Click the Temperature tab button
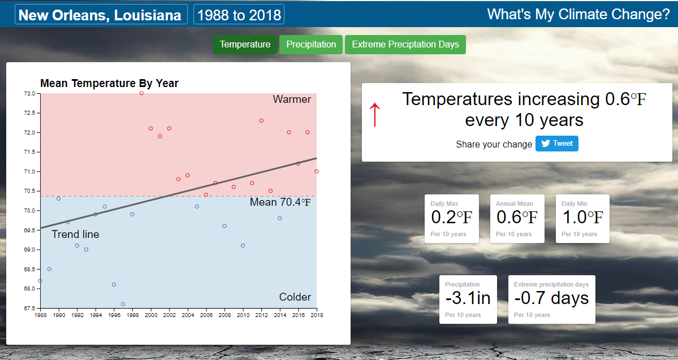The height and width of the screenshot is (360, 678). (x=245, y=45)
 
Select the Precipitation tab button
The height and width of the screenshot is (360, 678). (x=311, y=45)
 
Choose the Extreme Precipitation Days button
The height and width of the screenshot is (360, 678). (x=405, y=45)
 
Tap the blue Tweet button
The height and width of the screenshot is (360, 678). (x=556, y=144)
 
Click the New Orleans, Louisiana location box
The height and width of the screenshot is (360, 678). (x=101, y=15)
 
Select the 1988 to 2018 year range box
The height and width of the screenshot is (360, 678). (x=239, y=15)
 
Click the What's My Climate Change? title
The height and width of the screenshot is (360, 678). (x=578, y=15)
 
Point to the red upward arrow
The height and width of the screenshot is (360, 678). (x=374, y=115)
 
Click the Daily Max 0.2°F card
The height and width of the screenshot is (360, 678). (x=451, y=219)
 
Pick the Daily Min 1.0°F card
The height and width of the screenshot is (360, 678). (x=582, y=219)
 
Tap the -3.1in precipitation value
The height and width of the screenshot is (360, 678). (x=468, y=298)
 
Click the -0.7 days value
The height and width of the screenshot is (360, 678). (x=551, y=298)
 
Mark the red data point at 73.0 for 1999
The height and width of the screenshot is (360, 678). (x=141, y=93)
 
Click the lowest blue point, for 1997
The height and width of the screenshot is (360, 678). (x=123, y=304)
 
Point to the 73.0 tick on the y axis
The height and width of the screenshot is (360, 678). (x=29, y=93)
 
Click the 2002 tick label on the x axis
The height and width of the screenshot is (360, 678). (x=169, y=315)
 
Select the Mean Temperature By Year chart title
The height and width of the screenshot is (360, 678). (x=109, y=84)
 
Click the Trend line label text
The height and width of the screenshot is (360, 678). (x=75, y=235)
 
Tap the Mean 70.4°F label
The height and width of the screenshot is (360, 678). (x=280, y=202)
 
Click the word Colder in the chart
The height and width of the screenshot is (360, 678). (x=295, y=297)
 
